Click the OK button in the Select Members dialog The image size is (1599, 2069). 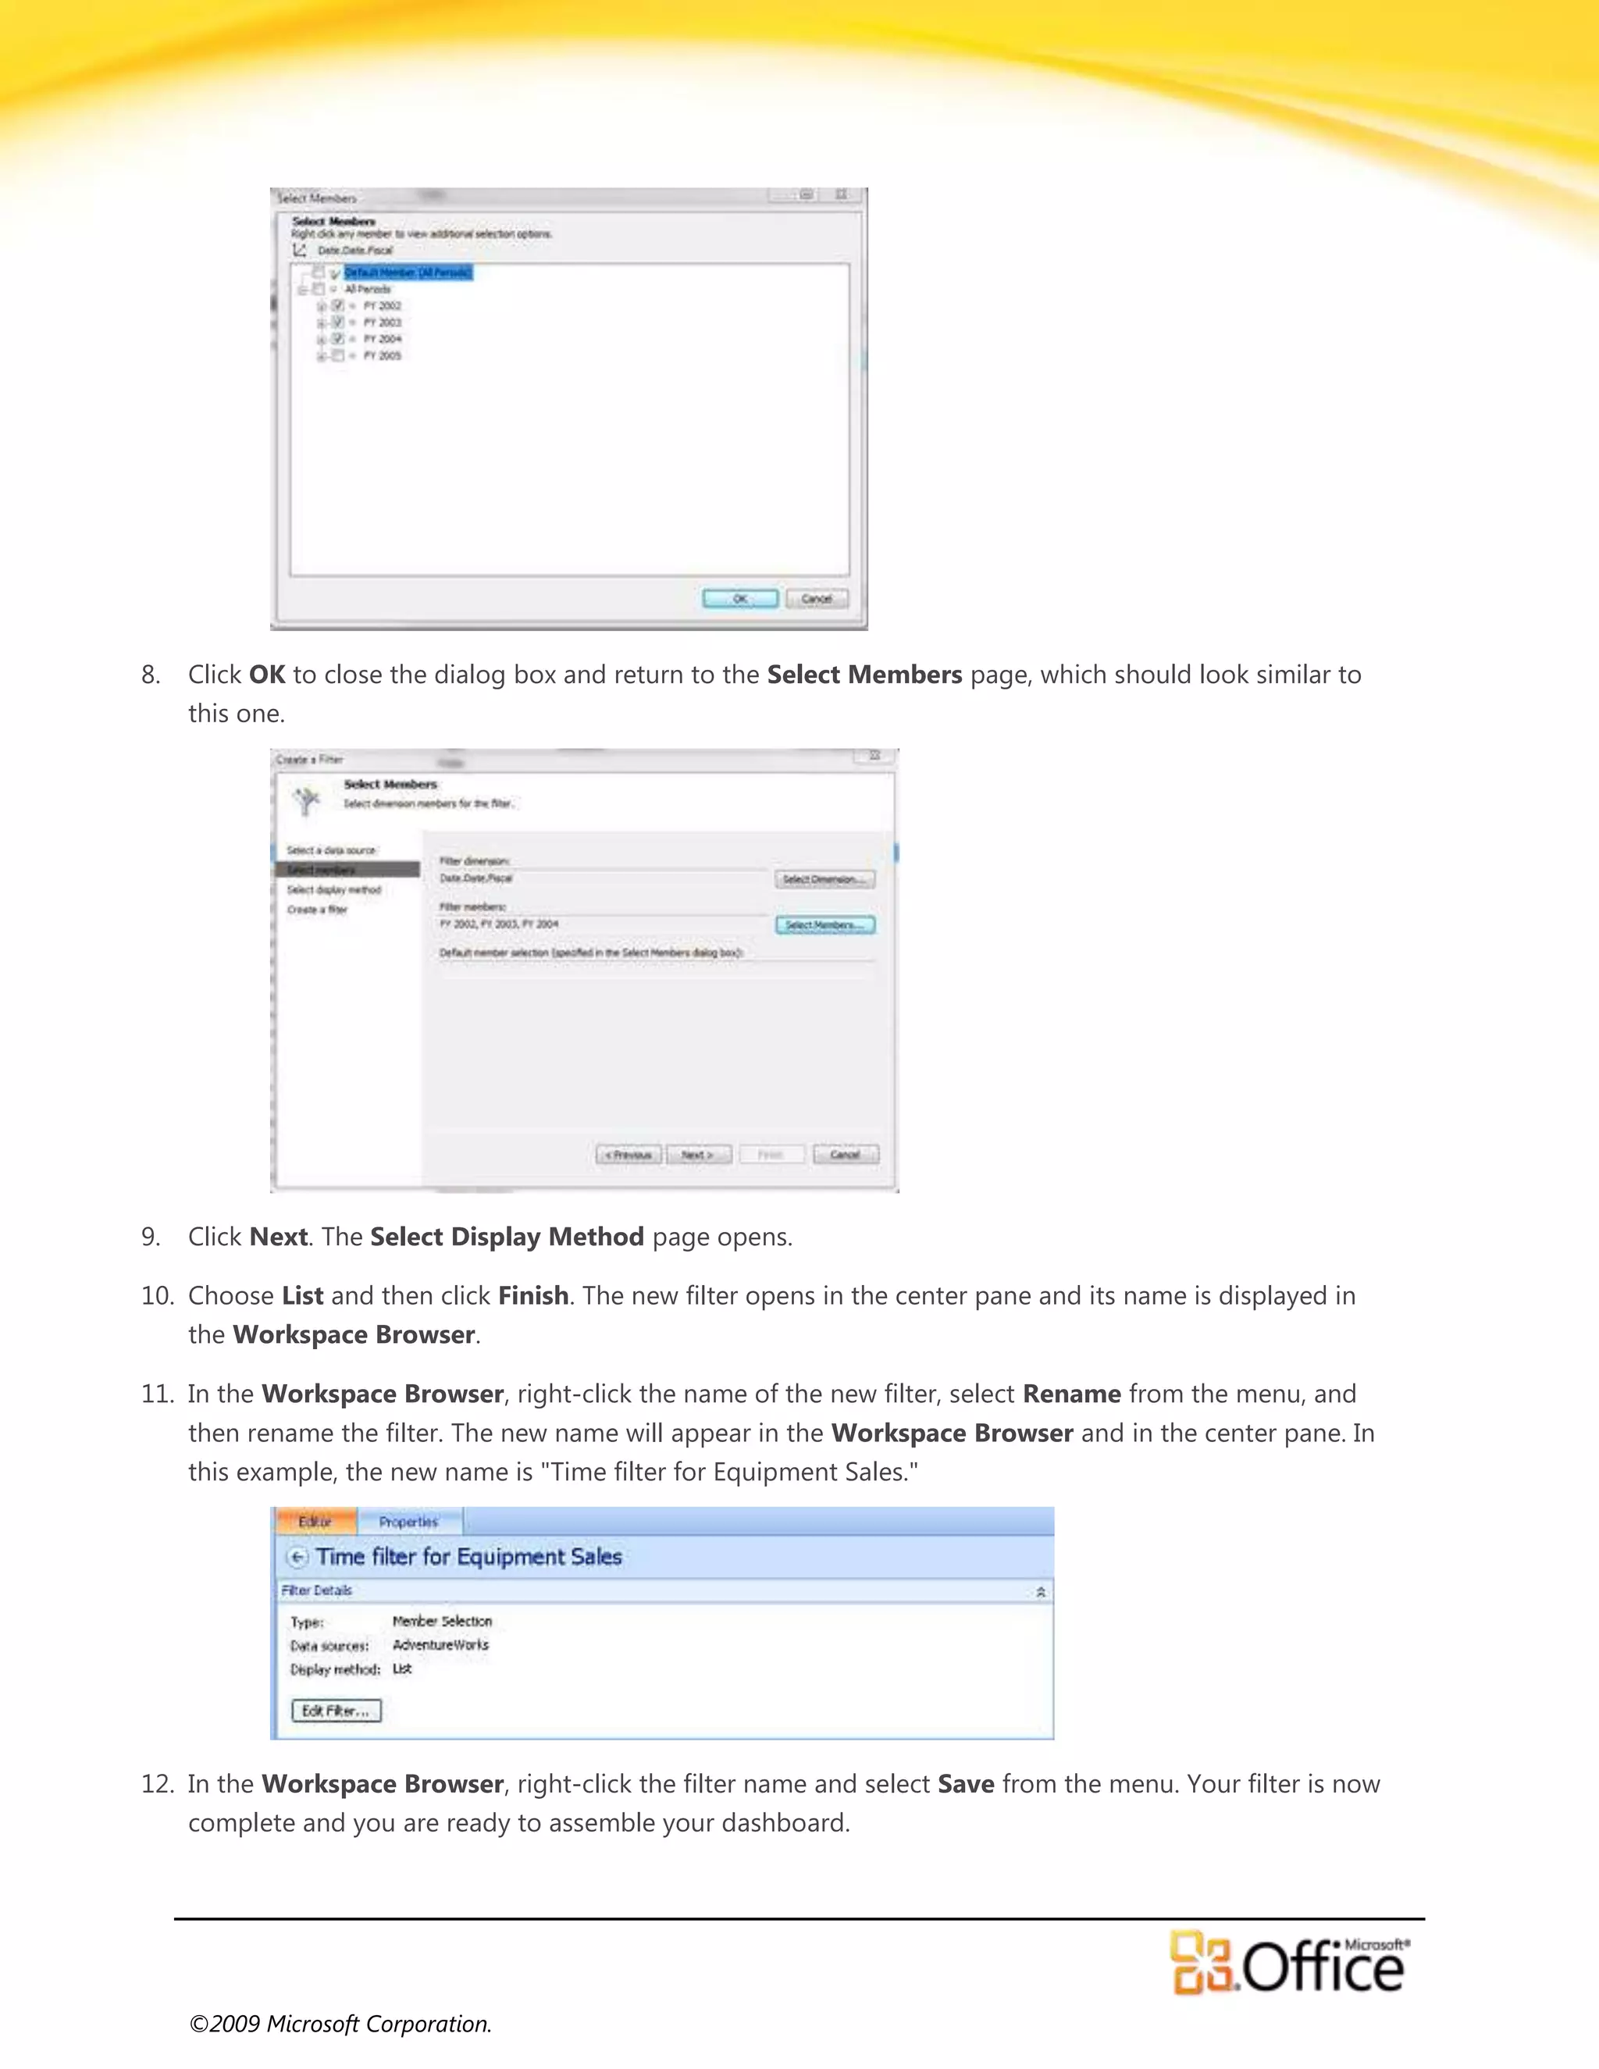[x=740, y=599]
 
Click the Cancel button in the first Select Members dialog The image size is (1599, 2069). [x=817, y=599]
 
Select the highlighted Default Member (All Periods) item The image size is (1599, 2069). [x=408, y=272]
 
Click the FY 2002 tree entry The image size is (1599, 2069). [x=382, y=306]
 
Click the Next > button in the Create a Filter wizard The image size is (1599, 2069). [x=698, y=1155]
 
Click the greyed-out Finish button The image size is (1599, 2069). [x=770, y=1155]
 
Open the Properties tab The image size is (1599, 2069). [x=408, y=1522]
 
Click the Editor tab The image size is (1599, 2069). [x=315, y=1522]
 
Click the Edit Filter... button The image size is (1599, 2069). [x=335, y=1710]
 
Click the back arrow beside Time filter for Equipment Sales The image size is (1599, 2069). [x=297, y=1558]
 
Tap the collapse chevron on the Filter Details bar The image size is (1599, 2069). [x=1040, y=1591]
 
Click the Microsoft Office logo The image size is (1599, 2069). [x=1288, y=1963]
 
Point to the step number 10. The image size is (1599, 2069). [x=156, y=1296]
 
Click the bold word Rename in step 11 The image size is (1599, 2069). [x=1071, y=1394]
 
